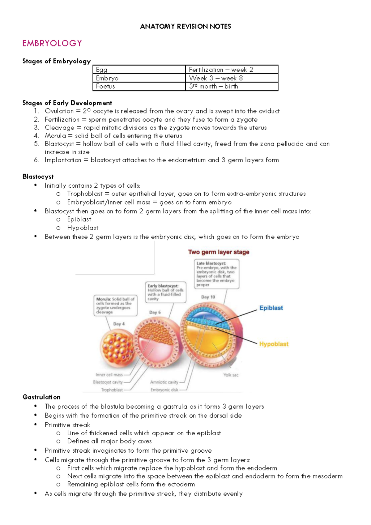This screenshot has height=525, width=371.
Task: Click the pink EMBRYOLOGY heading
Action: tap(52, 43)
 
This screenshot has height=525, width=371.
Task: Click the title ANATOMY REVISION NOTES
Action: tap(185, 26)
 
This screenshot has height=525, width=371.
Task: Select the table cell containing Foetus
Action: tap(139, 87)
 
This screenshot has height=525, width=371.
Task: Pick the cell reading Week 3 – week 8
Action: tap(232, 78)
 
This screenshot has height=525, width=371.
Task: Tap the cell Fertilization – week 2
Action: tap(232, 70)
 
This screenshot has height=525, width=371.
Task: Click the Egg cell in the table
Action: tap(139, 70)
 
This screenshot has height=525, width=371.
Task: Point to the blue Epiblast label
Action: tap(271, 308)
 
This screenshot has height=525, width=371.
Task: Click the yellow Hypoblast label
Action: tap(274, 344)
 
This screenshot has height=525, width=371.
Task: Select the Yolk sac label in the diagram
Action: tap(231, 375)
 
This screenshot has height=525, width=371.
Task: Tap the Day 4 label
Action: tap(119, 324)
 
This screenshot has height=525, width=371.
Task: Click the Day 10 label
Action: tap(208, 297)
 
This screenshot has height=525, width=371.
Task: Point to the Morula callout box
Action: tap(115, 305)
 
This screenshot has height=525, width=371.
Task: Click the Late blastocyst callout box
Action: tap(216, 274)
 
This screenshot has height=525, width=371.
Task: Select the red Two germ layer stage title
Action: tap(219, 252)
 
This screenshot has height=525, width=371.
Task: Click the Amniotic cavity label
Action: tap(164, 382)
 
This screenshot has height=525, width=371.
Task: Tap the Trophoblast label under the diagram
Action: tap(112, 390)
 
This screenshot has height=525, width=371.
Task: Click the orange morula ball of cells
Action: tap(117, 348)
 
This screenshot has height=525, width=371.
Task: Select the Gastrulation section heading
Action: tap(41, 397)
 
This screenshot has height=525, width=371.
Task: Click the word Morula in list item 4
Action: tap(55, 136)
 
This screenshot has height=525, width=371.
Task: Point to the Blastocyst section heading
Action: tap(38, 177)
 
